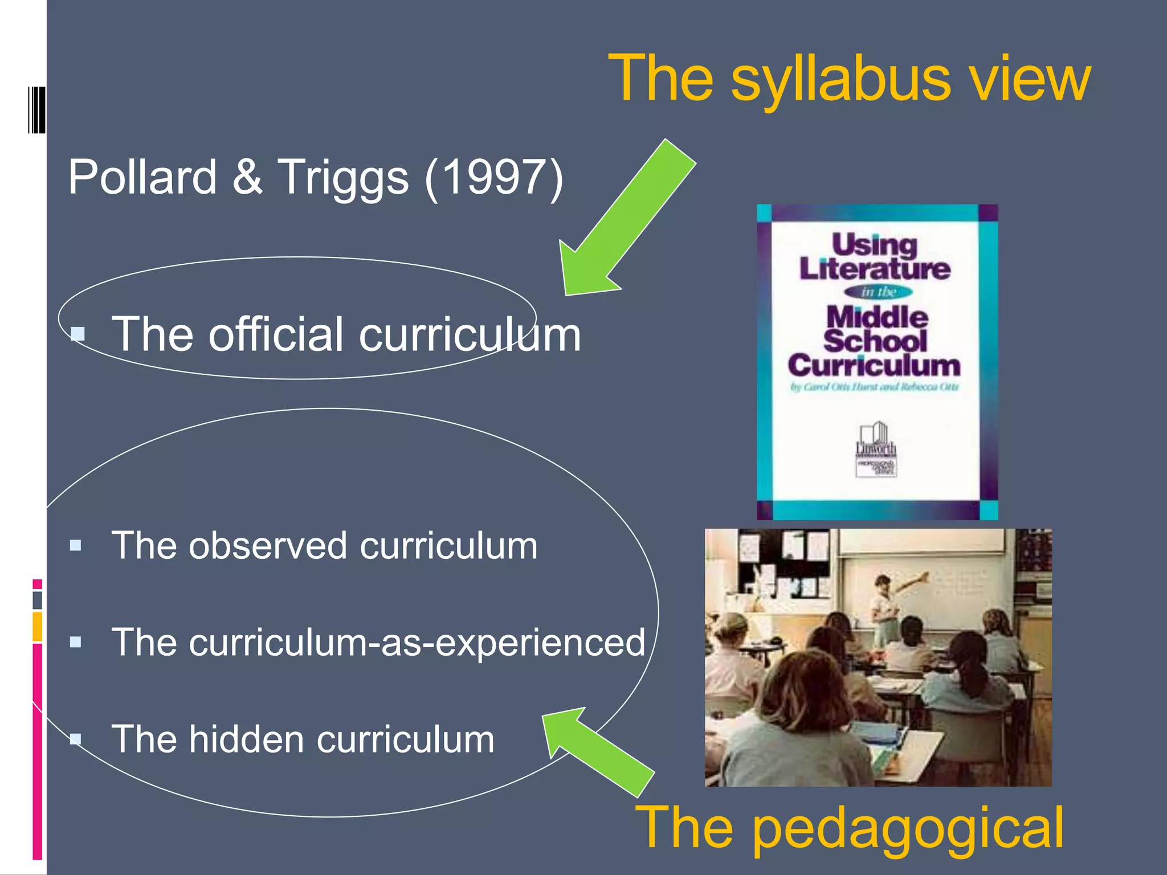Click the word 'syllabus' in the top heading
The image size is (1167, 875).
tap(840, 80)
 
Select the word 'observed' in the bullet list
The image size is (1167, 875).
tap(268, 546)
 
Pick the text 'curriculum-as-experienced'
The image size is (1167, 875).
tap(378, 643)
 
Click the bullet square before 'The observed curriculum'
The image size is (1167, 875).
tap(75, 546)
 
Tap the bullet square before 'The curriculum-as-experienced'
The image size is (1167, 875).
tap(75, 643)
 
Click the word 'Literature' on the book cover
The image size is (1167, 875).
tap(875, 269)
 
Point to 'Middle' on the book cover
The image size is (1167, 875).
tap(877, 317)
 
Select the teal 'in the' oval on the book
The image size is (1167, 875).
tap(878, 292)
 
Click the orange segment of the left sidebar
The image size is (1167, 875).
tap(37, 627)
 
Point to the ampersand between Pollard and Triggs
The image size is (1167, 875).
tap(248, 177)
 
